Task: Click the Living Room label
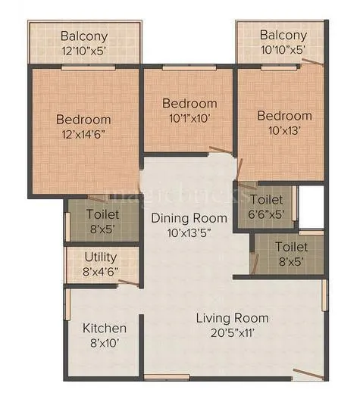232,318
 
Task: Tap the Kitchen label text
104,329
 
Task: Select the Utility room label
101,257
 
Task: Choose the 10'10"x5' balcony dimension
283,51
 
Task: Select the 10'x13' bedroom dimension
283,130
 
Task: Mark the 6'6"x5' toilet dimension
267,214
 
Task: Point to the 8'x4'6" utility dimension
101,271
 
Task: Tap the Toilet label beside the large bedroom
102,214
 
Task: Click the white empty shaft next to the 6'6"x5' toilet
311,204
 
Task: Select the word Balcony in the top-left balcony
84,36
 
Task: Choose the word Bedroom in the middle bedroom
190,103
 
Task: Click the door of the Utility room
129,282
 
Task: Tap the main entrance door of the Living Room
311,373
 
